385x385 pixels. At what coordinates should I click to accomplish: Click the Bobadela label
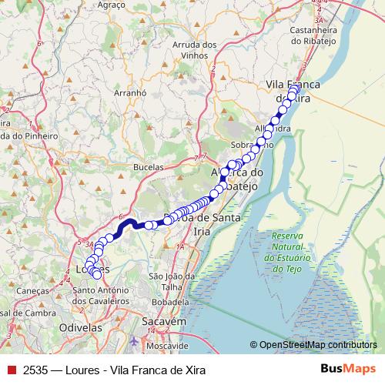coord(172,303)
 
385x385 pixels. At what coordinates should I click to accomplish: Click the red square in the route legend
coord(11,370)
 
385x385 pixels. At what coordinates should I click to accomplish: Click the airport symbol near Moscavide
coord(136,340)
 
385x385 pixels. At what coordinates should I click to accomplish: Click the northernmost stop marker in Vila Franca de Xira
coord(294,89)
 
